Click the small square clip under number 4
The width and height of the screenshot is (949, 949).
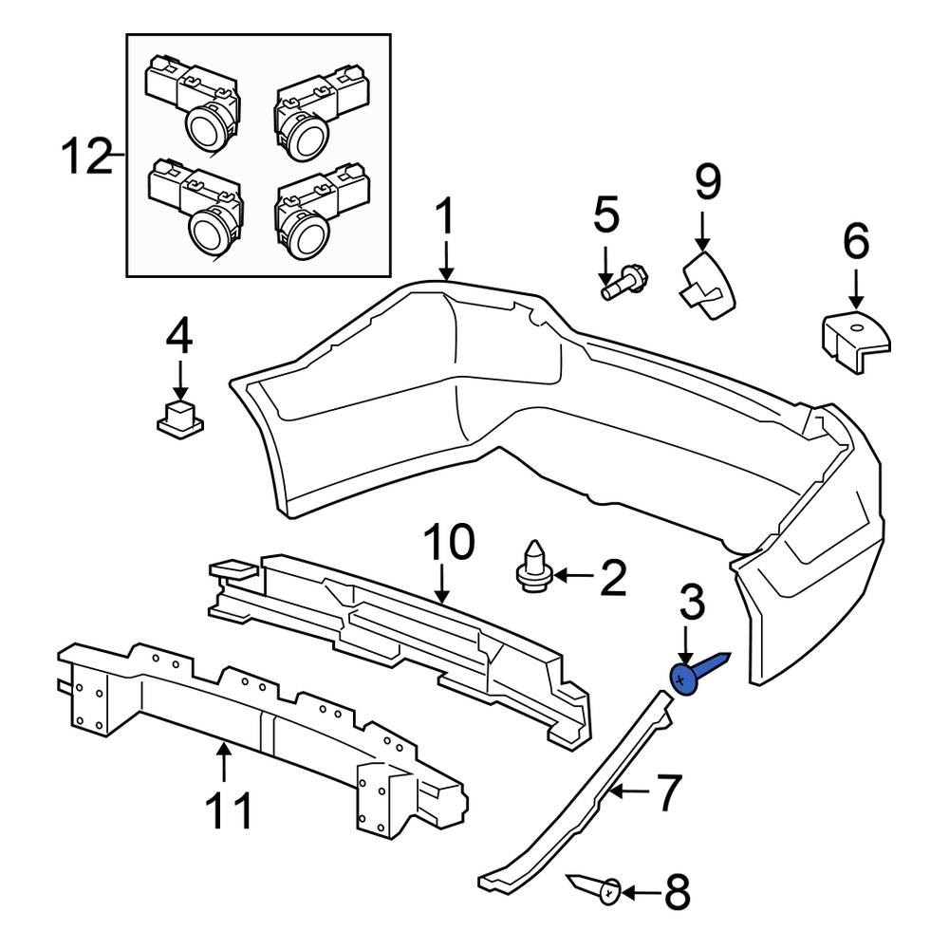pos(179,419)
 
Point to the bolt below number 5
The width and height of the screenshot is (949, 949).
pos(623,283)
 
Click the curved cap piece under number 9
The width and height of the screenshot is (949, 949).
pos(708,286)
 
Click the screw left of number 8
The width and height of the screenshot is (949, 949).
pos(597,890)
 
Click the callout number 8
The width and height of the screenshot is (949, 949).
pos(677,893)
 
